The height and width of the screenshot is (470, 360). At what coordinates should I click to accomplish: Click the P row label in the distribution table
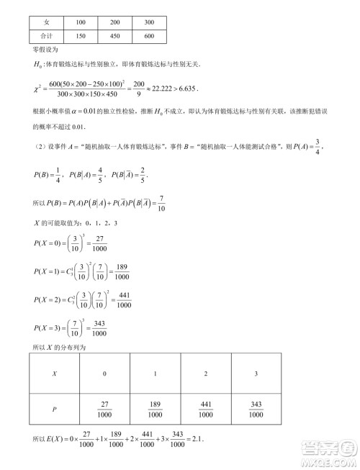point(55,410)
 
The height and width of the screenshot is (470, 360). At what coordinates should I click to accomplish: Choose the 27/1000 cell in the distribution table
point(104,410)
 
